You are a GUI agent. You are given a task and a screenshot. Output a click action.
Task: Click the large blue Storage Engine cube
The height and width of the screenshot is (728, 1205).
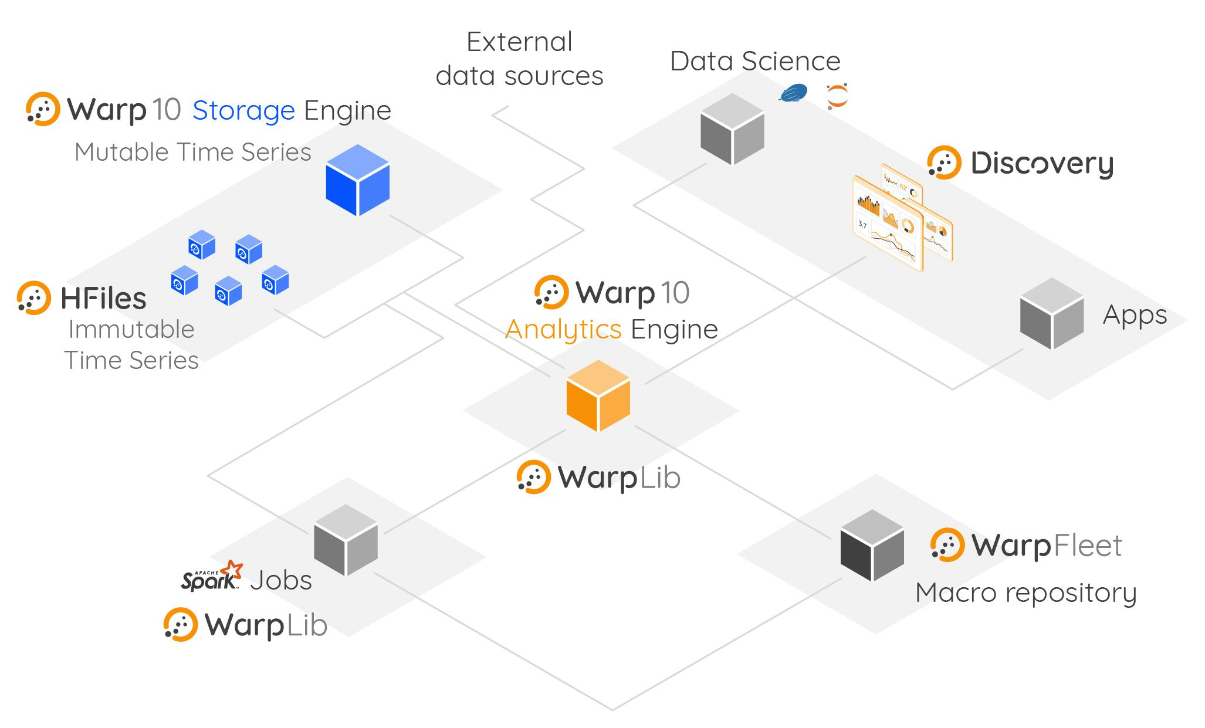(357, 180)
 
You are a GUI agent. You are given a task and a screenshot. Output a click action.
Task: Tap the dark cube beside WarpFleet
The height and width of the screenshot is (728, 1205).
(872, 546)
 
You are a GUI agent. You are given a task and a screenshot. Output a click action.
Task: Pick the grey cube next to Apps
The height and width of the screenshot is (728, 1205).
(1051, 314)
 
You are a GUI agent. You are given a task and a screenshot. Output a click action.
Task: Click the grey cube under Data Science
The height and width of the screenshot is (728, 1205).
(732, 129)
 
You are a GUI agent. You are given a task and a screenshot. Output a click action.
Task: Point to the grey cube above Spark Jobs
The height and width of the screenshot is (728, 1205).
(346, 540)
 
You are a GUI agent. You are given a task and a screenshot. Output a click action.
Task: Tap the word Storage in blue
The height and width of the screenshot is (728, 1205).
(243, 110)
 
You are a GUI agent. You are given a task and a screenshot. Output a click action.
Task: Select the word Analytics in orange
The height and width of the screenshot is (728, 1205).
(563, 329)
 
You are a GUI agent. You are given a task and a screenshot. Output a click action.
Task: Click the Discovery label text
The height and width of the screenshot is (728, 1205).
(1042, 164)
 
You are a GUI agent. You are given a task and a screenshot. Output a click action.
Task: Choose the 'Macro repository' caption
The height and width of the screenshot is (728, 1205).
(1025, 592)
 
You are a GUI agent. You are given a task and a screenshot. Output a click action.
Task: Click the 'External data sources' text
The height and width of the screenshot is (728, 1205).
(519, 59)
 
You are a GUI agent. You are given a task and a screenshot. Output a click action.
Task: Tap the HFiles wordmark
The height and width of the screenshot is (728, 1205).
(104, 298)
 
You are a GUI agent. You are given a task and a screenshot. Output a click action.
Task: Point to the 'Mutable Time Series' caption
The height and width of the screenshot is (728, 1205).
(192, 152)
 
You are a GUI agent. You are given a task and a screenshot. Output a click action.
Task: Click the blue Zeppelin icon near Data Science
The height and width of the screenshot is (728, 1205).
(793, 93)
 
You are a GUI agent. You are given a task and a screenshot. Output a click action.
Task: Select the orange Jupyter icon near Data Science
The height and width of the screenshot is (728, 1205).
(837, 96)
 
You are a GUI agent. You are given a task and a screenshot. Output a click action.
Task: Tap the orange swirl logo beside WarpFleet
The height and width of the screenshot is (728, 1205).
(947, 545)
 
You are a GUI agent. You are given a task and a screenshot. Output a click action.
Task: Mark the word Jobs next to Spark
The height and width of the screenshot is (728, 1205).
(281, 580)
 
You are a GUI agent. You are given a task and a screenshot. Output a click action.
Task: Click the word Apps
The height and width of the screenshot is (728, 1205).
(1135, 315)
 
